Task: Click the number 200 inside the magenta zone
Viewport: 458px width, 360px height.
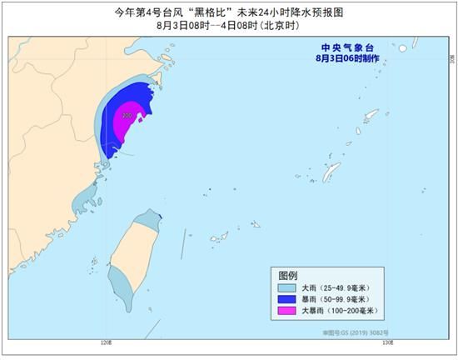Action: click(x=127, y=115)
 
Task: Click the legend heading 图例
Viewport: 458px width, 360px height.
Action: click(x=289, y=274)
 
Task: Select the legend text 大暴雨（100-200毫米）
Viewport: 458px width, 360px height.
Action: click(x=341, y=311)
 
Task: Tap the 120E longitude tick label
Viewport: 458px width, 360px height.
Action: click(x=104, y=342)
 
